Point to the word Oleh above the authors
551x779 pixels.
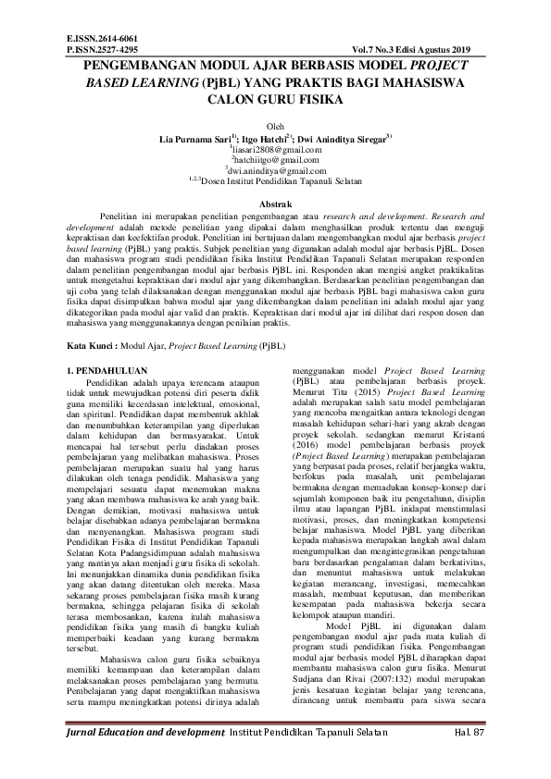tap(275, 126)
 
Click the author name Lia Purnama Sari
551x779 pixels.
tap(193, 137)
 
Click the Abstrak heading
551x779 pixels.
tap(275, 204)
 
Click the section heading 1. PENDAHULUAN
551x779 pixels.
tap(115, 370)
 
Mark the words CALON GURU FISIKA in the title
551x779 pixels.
tap(276, 99)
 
